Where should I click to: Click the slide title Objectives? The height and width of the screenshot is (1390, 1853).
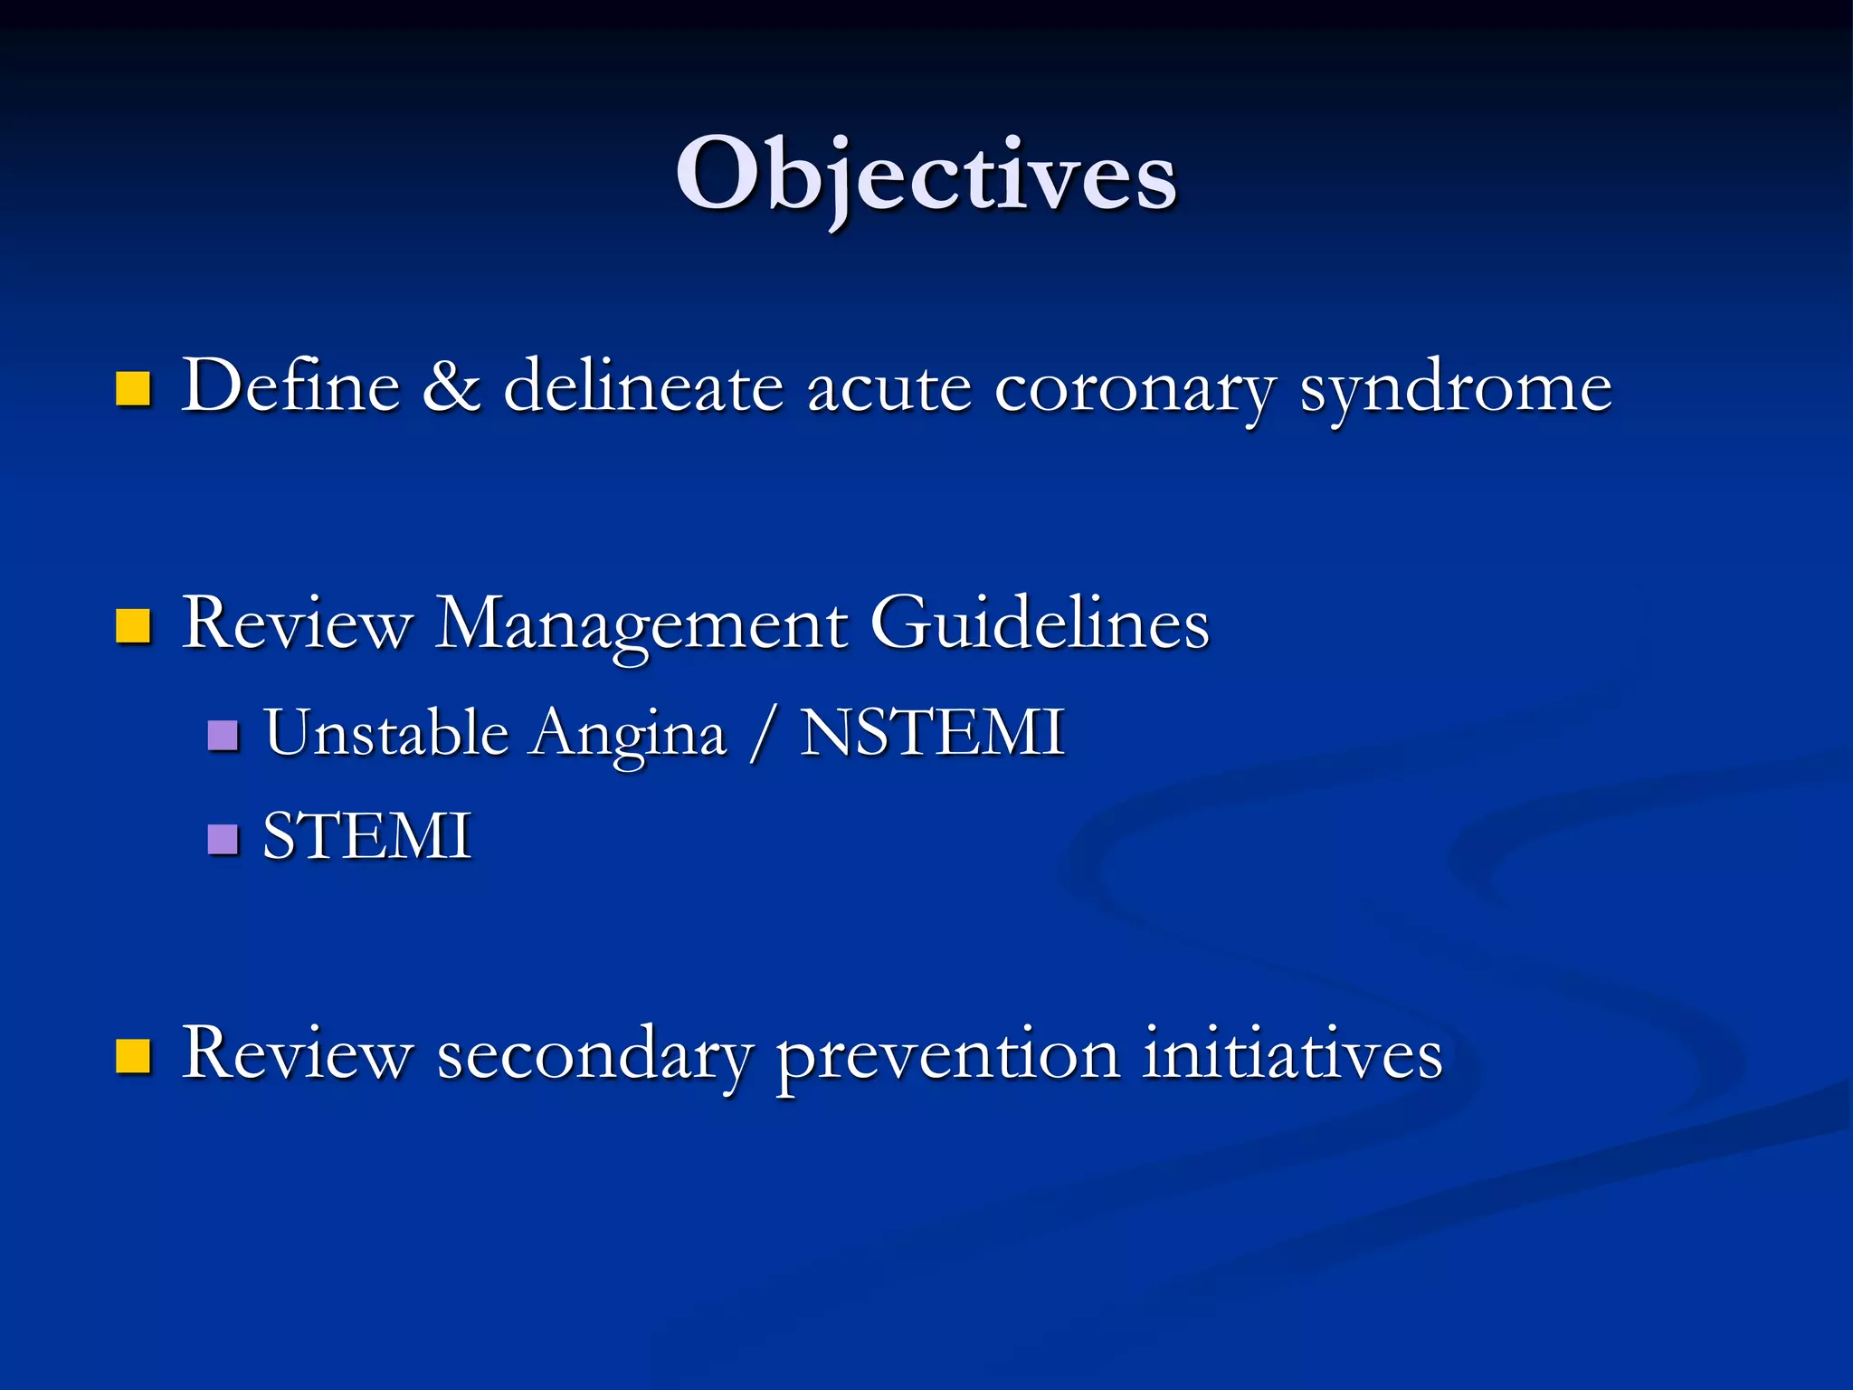click(926, 174)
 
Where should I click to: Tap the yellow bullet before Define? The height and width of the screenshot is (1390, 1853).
click(133, 389)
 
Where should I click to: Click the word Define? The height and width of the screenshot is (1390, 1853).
click(290, 386)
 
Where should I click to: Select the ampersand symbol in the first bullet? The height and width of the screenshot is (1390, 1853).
click(451, 386)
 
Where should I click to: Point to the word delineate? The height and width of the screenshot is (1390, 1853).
click(642, 386)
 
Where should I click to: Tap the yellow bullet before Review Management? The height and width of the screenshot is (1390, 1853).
click(133, 625)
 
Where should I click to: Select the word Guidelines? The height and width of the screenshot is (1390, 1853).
click(1039, 624)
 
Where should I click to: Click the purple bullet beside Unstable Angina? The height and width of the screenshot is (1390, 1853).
click(223, 736)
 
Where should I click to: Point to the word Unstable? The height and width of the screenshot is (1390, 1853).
click(386, 733)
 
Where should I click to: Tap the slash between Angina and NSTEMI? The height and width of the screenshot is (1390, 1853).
click(763, 735)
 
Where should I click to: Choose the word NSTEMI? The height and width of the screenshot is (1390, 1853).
click(932, 733)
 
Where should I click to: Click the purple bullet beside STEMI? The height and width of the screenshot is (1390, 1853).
click(223, 839)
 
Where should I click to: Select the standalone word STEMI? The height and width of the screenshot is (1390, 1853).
click(366, 836)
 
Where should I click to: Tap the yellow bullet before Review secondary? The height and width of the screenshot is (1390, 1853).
click(133, 1055)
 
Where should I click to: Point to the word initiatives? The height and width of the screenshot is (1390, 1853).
click(1291, 1054)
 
